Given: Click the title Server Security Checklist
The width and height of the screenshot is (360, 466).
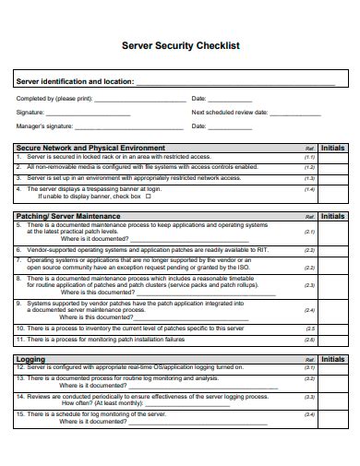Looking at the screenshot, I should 180,44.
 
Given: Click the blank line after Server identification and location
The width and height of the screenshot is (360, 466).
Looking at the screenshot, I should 235,82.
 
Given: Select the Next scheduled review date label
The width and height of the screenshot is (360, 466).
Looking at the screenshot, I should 230,113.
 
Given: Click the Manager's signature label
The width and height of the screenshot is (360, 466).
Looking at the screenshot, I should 45,127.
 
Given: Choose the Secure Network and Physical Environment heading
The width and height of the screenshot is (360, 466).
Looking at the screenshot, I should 91,148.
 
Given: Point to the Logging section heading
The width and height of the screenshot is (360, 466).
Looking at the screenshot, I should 30,358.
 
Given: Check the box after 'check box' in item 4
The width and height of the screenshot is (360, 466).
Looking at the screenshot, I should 150,197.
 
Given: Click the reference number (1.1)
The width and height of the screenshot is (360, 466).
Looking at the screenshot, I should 309,158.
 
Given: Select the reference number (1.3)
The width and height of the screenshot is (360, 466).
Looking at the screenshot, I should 309,178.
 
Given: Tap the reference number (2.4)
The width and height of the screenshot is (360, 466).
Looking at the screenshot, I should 309,311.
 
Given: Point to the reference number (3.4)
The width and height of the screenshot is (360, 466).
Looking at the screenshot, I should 309,414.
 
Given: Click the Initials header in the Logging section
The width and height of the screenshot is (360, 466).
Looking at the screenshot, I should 333,358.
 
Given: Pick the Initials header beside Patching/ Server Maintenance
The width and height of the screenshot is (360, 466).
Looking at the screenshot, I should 333,216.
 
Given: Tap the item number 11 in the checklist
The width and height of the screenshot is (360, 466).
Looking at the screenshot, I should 20,339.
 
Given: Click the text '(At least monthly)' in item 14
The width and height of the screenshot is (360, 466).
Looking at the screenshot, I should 116,402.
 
